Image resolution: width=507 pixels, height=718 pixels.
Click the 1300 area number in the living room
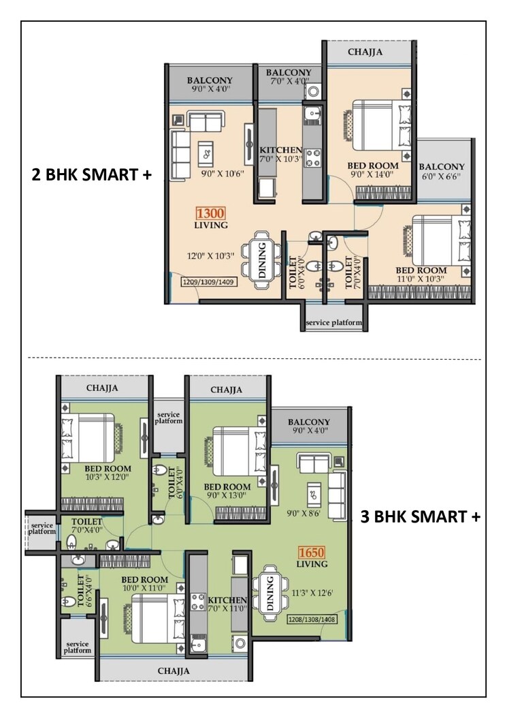click(x=210, y=213)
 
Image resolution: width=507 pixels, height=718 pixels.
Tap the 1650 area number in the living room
click(x=312, y=552)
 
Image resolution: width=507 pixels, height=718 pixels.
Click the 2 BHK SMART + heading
click(x=91, y=174)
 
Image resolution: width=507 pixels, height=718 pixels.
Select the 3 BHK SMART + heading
click(x=420, y=517)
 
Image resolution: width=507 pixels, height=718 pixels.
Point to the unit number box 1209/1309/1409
click(x=209, y=281)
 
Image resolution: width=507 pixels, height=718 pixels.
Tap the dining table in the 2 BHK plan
click(x=262, y=256)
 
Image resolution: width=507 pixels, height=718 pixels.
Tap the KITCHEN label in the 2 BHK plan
click(x=281, y=150)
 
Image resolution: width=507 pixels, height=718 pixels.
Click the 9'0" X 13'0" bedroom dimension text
click(x=227, y=496)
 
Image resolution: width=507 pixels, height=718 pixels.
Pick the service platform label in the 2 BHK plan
click(x=333, y=323)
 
